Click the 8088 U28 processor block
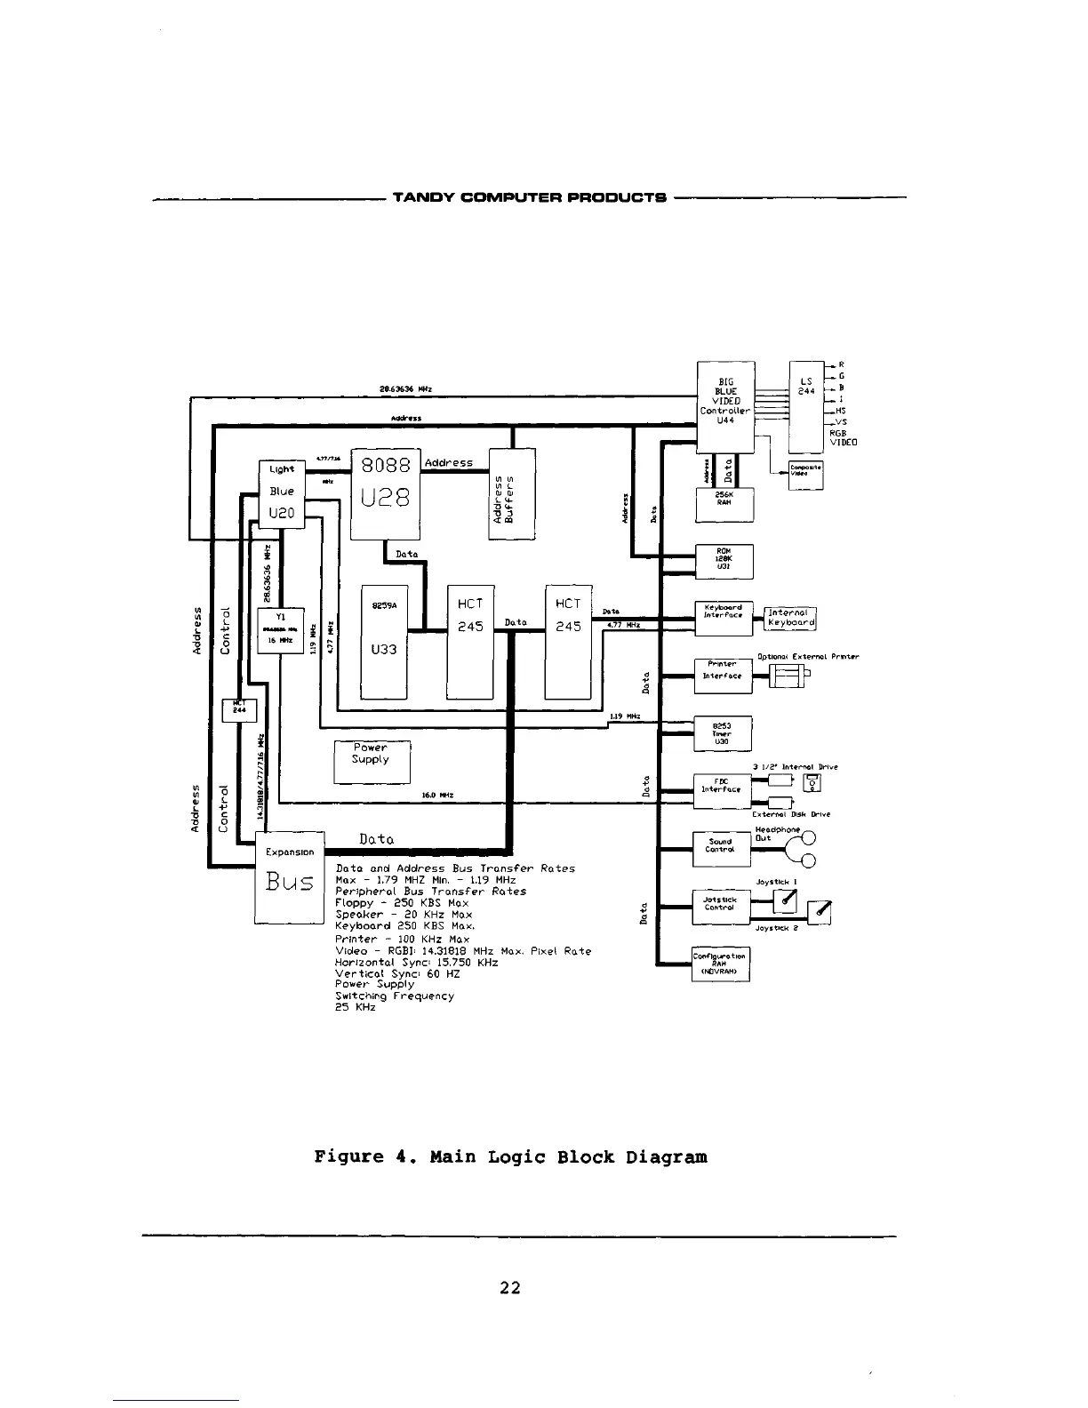coord(386,492)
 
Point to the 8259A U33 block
coord(384,642)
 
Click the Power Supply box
coord(372,761)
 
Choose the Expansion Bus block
coord(290,877)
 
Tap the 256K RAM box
coord(724,504)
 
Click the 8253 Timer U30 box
coord(723,733)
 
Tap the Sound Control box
coord(721,848)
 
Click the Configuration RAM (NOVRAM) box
coord(721,964)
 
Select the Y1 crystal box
coord(280,630)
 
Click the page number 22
coord(509,1287)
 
